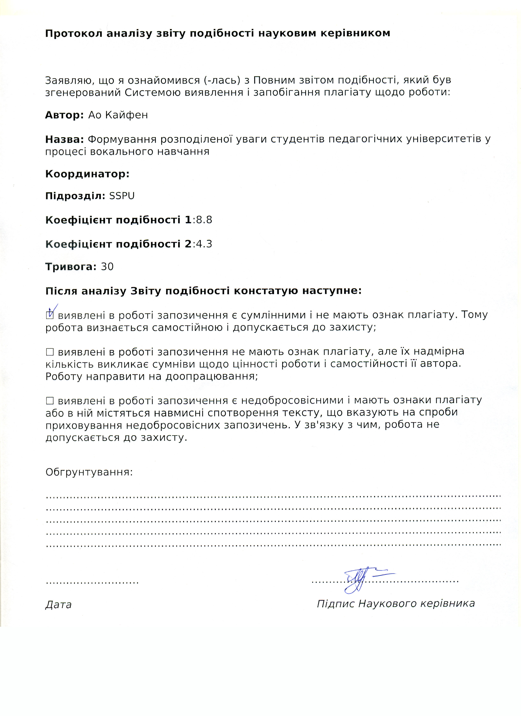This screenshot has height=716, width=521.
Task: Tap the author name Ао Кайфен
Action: [118, 115]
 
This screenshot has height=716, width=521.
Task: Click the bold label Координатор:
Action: [87, 174]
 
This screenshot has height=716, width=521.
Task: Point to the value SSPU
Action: [122, 196]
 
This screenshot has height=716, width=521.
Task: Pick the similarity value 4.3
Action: [204, 244]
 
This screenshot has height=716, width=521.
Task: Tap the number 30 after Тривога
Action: [107, 267]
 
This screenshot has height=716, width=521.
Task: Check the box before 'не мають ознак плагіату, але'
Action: [50, 352]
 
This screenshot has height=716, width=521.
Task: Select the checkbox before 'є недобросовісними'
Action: [50, 401]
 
